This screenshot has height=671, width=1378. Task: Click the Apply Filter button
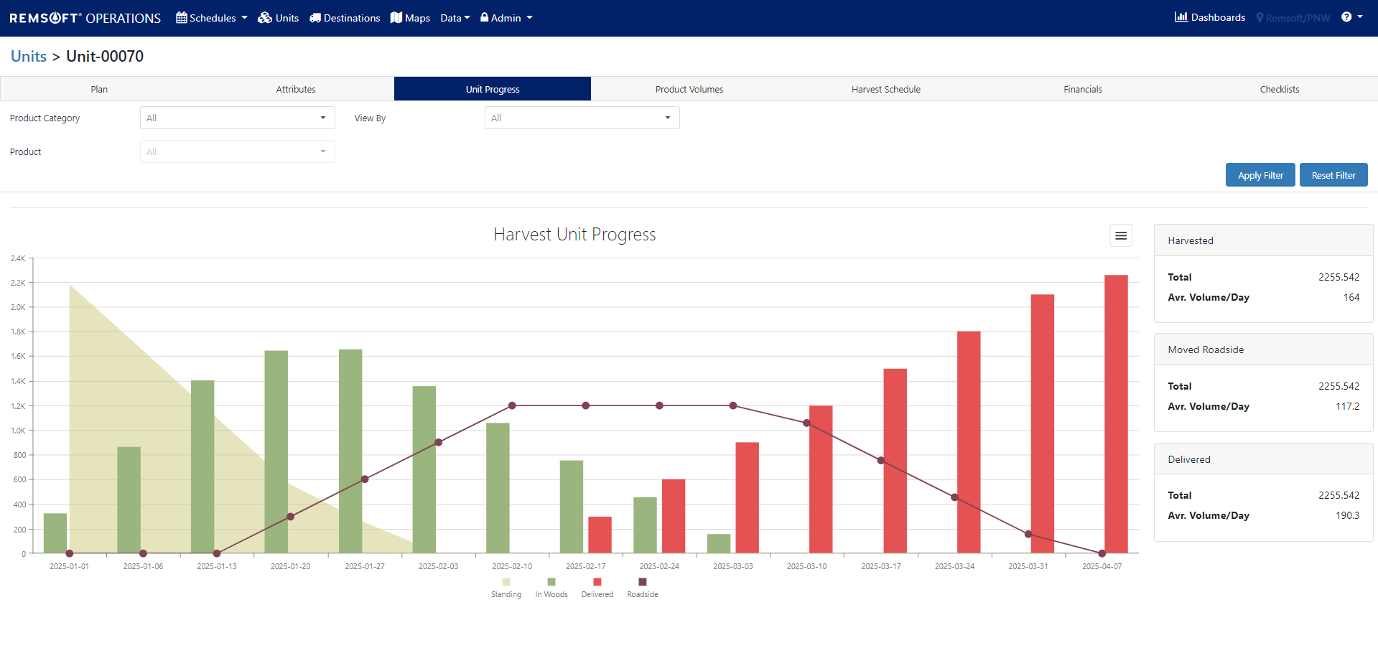point(1260,175)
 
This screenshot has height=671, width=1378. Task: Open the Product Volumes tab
point(689,89)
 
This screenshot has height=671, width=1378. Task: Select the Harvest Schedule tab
point(885,89)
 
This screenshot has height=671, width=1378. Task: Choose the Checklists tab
point(1279,89)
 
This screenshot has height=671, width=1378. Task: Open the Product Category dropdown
point(237,118)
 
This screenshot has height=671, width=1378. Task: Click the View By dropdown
point(582,118)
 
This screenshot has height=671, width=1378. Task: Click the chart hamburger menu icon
point(1120,235)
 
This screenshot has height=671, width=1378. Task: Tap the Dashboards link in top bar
point(1210,17)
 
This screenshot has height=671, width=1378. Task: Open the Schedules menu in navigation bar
point(212,18)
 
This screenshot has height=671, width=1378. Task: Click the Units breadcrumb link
point(29,56)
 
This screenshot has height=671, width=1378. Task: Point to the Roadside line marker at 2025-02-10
point(512,405)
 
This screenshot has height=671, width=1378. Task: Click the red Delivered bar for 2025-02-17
point(600,535)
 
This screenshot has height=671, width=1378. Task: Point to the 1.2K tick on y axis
point(18,406)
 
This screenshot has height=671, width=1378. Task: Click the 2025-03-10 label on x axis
point(806,566)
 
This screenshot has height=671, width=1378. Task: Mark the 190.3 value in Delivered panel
point(1347,515)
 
